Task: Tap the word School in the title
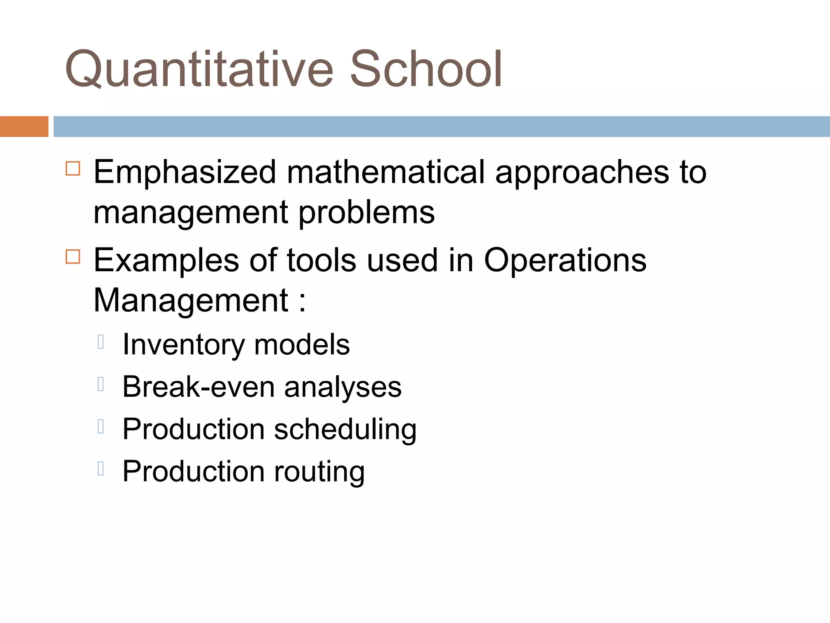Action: pyautogui.click(x=426, y=69)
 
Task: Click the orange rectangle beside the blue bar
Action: pyautogui.click(x=24, y=127)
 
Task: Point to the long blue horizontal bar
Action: pyautogui.click(x=442, y=127)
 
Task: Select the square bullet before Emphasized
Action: pyautogui.click(x=73, y=168)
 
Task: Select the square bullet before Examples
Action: pyautogui.click(x=73, y=257)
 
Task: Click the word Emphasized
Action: pyautogui.click(x=185, y=172)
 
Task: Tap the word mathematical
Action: pyautogui.click(x=385, y=172)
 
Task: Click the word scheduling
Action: pyautogui.click(x=345, y=430)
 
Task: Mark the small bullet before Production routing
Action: pyautogui.click(x=101, y=468)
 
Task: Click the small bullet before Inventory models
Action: pyautogui.click(x=101, y=342)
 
